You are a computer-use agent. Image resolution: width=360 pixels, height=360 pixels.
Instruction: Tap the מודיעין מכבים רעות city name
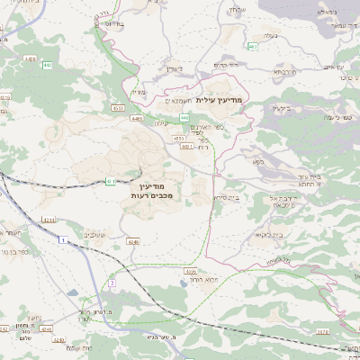click(150, 189)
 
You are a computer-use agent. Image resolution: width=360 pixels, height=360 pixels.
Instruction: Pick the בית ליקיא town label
click(270, 235)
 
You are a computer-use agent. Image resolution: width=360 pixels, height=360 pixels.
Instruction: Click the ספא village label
click(258, 162)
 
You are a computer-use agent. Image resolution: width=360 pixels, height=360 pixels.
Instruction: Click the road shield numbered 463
click(253, 46)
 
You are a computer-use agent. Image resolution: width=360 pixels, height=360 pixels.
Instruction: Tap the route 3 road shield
click(112, 283)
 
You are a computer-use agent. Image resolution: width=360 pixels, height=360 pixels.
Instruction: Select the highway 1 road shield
click(64, 240)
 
